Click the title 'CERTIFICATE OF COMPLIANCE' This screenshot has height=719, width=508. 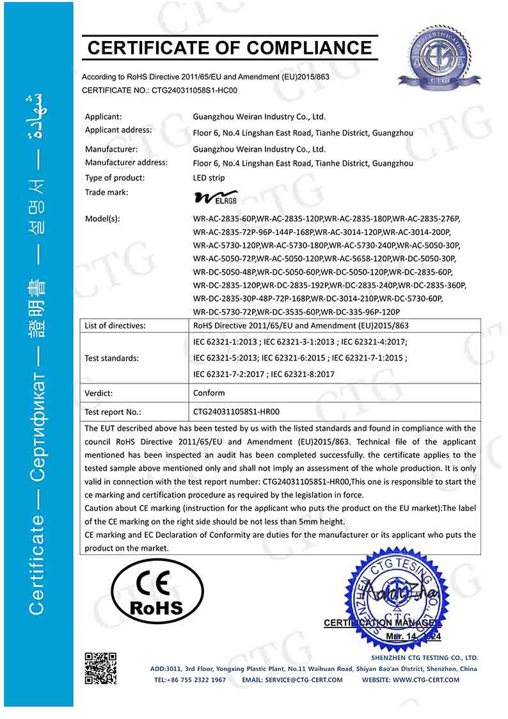coord(230,47)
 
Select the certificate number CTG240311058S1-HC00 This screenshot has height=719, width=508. coord(194,90)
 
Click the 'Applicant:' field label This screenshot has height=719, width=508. coord(103,117)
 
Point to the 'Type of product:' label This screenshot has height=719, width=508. coord(115,178)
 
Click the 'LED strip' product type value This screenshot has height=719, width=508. coord(209,178)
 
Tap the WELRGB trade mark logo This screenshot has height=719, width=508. coord(216,195)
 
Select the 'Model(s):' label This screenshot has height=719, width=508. coord(102,218)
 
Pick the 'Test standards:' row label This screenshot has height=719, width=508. coord(111,358)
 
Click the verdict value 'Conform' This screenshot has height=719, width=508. coord(209,392)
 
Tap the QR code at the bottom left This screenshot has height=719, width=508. coord(100,668)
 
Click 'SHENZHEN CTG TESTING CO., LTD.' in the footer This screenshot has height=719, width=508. coord(424,658)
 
